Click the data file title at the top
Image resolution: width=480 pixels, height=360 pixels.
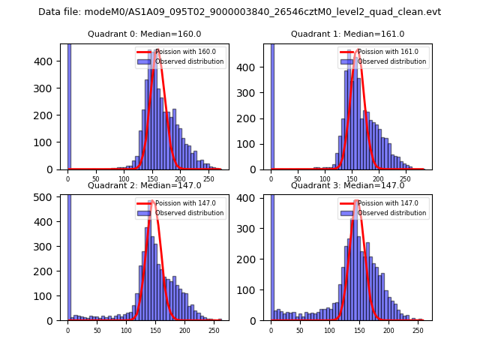click(239, 12)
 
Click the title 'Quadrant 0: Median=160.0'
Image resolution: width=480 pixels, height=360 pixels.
click(144, 34)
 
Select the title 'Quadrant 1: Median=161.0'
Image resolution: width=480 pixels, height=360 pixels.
click(347, 34)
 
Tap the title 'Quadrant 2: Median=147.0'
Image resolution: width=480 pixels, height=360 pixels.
click(144, 185)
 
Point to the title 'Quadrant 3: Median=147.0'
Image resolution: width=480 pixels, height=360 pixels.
click(347, 185)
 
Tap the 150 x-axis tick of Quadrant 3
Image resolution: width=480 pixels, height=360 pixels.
click(358, 330)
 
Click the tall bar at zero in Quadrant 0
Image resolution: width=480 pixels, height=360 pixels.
click(69, 105)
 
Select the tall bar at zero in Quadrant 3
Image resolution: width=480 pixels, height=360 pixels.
click(271, 255)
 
